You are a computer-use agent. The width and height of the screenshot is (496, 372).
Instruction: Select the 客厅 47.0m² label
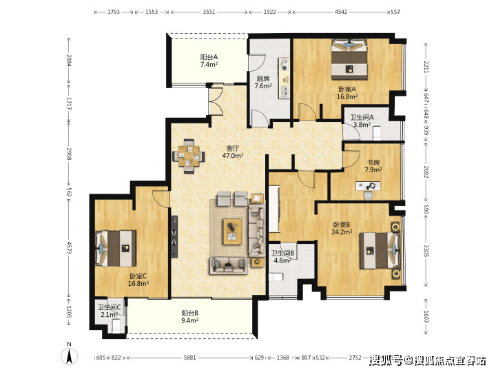[x=233, y=152]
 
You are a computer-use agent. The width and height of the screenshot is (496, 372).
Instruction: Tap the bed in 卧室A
[x=349, y=59]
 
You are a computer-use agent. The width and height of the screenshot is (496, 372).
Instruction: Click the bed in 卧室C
[x=116, y=248]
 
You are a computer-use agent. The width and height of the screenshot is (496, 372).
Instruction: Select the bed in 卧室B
[x=380, y=251]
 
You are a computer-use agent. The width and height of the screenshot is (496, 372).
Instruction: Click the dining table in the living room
[x=189, y=156]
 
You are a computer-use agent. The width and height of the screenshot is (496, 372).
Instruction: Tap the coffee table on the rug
[x=233, y=231]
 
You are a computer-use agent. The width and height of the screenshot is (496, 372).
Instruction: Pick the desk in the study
[x=368, y=186]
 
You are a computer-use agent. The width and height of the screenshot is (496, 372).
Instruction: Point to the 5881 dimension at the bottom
[x=190, y=358]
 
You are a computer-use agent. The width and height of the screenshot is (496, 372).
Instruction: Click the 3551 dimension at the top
[x=209, y=12]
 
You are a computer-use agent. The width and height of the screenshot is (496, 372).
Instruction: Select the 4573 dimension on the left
[x=70, y=248]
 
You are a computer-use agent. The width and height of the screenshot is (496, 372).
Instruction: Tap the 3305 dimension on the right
[x=426, y=251]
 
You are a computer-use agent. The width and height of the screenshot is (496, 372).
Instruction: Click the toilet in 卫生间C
[x=116, y=326]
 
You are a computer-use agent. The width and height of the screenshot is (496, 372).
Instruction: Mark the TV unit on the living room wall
[x=174, y=237]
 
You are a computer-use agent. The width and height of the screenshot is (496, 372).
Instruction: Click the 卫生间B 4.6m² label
[x=283, y=257]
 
